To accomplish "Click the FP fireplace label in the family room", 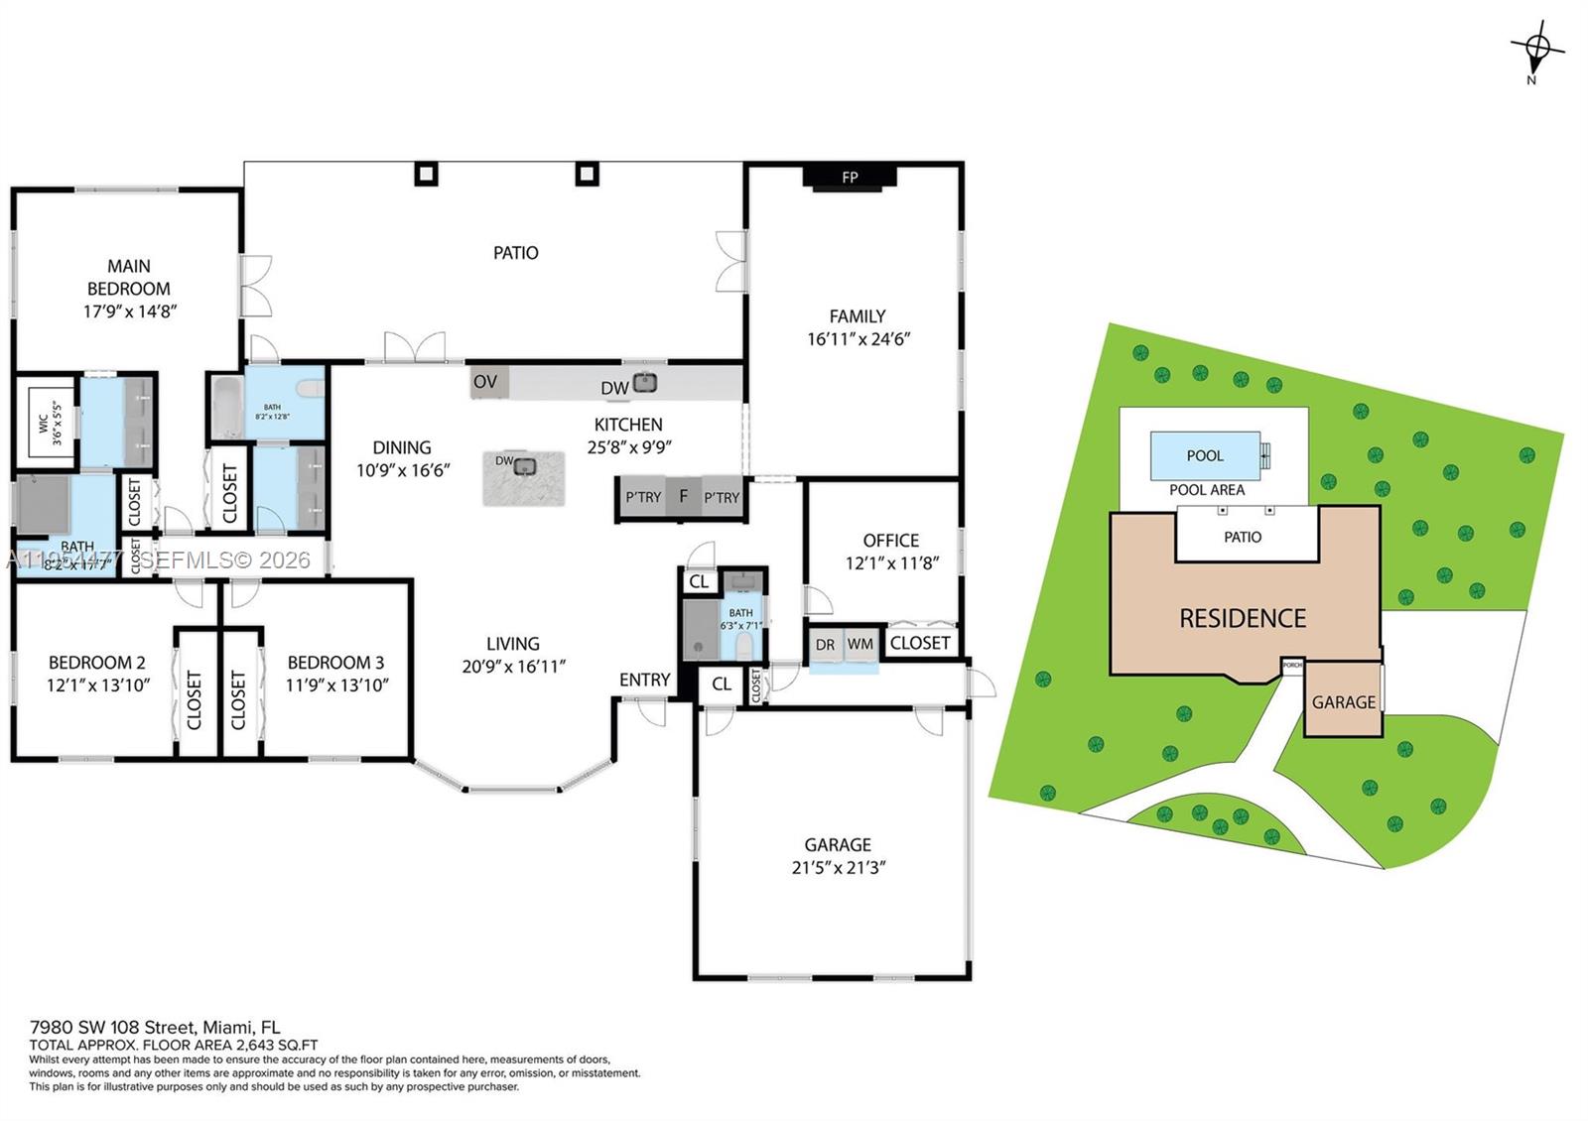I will (x=850, y=178).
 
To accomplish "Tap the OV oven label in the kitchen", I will (x=485, y=382).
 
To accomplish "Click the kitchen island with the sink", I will (x=524, y=478).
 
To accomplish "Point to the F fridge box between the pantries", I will (x=683, y=496).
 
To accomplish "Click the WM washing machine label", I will (x=860, y=644).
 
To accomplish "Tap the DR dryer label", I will (x=825, y=645).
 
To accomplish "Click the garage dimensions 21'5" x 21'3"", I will (x=838, y=867).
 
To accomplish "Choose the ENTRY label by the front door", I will (x=644, y=680).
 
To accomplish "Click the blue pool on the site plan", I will (x=1205, y=455).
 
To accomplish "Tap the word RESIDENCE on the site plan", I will (x=1243, y=618).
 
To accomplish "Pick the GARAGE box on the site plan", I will (x=1343, y=701).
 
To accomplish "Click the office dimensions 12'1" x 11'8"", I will (x=891, y=562).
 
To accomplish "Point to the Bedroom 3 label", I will (x=335, y=663).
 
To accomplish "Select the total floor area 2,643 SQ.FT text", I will (x=174, y=1045).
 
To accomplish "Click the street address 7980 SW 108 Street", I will (x=154, y=1027).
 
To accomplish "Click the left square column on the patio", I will (x=426, y=174).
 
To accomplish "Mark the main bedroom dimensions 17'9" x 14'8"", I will (x=129, y=311).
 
